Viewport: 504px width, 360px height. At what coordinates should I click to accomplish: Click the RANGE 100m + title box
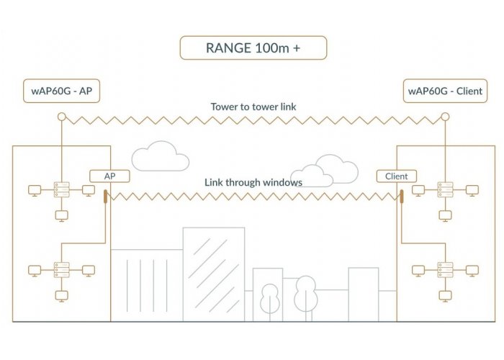tap(252, 49)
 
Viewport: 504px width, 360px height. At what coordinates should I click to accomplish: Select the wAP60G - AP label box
tap(62, 91)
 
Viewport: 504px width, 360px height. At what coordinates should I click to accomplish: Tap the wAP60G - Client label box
tap(445, 91)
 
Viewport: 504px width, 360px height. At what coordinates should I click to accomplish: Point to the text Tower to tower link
tap(253, 107)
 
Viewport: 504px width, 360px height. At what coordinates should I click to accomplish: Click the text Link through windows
tap(253, 182)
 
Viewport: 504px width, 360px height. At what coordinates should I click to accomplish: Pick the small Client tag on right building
tap(396, 176)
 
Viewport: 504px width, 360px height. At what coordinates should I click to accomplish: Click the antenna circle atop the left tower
tap(62, 117)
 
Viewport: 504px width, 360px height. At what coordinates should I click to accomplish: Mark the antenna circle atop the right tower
tap(445, 117)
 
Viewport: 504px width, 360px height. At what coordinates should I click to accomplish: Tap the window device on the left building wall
tap(106, 197)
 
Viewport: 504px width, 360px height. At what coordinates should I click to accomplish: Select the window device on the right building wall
tap(400, 197)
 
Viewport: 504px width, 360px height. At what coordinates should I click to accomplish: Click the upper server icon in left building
tap(62, 190)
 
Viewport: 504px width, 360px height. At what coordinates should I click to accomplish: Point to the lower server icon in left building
tap(62, 270)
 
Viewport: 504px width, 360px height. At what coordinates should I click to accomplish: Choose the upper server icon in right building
tap(445, 190)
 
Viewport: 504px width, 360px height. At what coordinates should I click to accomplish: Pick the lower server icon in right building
tap(445, 270)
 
